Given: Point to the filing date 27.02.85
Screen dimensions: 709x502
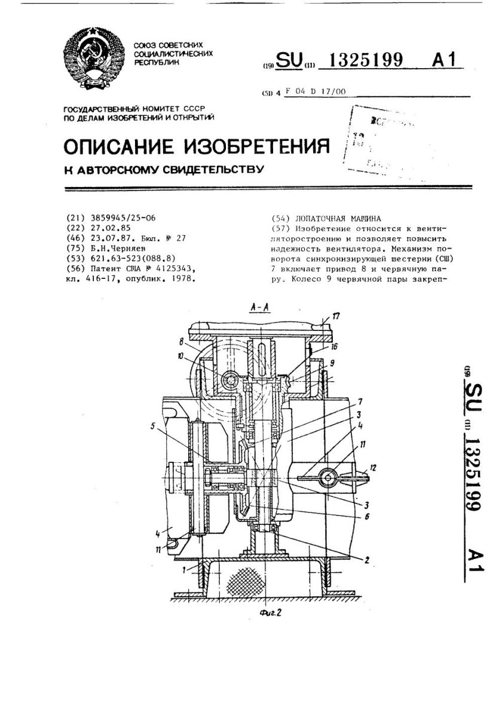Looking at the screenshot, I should click(x=108, y=228).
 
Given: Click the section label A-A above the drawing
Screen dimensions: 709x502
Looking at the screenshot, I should click(x=259, y=308).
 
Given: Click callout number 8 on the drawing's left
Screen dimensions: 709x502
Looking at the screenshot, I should click(x=180, y=342).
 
